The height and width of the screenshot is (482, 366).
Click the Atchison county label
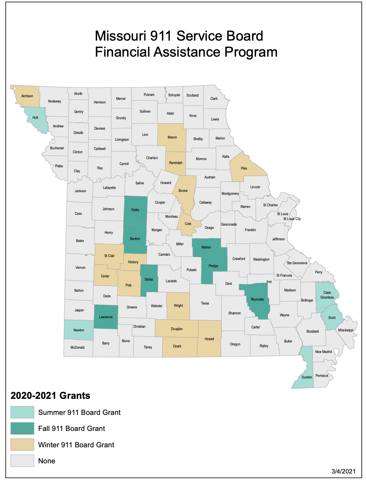(x=27, y=96)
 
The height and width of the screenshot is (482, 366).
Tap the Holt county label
(x=35, y=118)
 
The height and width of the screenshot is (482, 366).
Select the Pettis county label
(x=135, y=210)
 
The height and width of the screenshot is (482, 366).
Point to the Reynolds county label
(x=257, y=299)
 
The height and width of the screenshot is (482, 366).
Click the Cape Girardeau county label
(x=327, y=295)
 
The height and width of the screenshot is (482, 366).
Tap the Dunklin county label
(x=307, y=377)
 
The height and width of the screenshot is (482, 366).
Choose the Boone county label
(x=183, y=191)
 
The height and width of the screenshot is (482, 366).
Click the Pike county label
(x=244, y=168)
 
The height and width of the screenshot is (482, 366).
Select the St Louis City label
(x=292, y=219)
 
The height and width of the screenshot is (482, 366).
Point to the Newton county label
(x=79, y=330)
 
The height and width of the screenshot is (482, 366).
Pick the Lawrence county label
(x=106, y=317)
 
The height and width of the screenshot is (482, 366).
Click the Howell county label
(x=209, y=339)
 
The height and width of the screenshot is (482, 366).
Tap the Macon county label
(x=172, y=137)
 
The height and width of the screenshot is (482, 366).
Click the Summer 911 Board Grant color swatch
(x=22, y=412)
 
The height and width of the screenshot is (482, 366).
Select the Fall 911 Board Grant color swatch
(x=22, y=428)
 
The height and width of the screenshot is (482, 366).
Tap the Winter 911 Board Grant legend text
(x=76, y=445)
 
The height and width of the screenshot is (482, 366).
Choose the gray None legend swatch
(x=22, y=461)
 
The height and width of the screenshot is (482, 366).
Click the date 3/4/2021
(x=343, y=471)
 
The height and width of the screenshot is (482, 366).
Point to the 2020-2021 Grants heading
(x=51, y=396)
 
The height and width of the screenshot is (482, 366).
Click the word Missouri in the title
(x=120, y=36)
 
